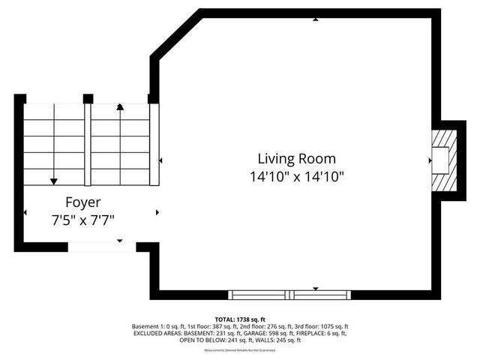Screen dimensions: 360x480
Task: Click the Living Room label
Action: pyautogui.click(x=296, y=159)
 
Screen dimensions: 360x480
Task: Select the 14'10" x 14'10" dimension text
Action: pyautogui.click(x=296, y=178)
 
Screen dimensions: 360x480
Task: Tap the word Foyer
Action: pyautogui.click(x=82, y=202)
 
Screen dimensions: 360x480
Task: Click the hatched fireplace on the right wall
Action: pyautogui.click(x=442, y=160)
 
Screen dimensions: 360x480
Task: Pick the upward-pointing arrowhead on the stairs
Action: pyautogui.click(x=120, y=107)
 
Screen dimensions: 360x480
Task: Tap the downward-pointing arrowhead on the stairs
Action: pyautogui.click(x=54, y=181)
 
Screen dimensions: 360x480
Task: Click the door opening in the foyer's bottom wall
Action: pyautogui.click(x=102, y=247)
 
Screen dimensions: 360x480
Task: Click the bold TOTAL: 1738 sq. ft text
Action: pyautogui.click(x=240, y=319)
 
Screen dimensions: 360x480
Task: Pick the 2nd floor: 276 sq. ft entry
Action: pyautogui.click(x=259, y=326)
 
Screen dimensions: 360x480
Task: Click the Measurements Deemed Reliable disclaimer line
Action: pyautogui.click(x=240, y=349)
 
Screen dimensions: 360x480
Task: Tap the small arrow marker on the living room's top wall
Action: pyautogui.click(x=315, y=20)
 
